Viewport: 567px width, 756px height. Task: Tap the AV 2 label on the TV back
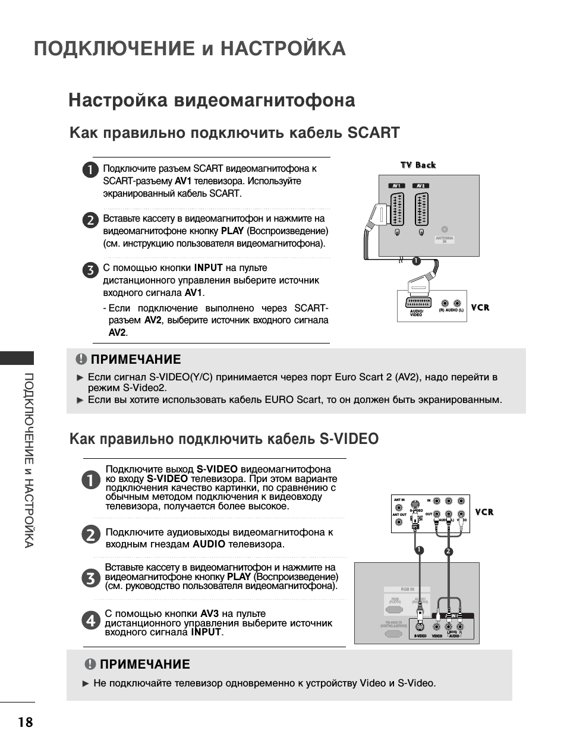[421, 186]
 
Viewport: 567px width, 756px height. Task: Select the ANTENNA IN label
[444, 240]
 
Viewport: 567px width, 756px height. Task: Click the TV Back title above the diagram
[418, 165]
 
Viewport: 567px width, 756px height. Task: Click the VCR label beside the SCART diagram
[480, 307]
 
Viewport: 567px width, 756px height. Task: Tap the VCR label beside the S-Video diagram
[484, 512]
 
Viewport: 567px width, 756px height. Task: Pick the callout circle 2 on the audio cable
[449, 552]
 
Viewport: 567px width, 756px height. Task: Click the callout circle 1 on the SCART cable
[416, 261]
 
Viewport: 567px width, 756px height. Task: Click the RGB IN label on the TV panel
[407, 590]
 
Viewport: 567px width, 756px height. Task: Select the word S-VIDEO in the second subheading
[349, 439]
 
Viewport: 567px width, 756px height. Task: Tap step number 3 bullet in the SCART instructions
[90, 270]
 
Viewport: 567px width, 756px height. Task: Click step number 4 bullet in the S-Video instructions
[90, 621]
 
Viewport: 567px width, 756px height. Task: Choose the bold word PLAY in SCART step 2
[232, 231]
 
